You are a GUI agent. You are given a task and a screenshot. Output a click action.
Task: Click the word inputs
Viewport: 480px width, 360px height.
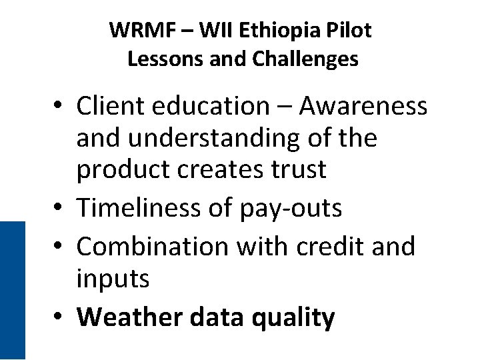click(x=113, y=279)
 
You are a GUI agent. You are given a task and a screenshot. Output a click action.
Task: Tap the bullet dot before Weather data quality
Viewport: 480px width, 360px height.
click(x=59, y=318)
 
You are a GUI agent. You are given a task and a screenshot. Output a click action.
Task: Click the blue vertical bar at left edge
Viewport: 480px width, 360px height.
click(x=12, y=290)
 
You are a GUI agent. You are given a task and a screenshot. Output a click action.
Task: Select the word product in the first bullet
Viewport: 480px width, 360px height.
click(x=121, y=171)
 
